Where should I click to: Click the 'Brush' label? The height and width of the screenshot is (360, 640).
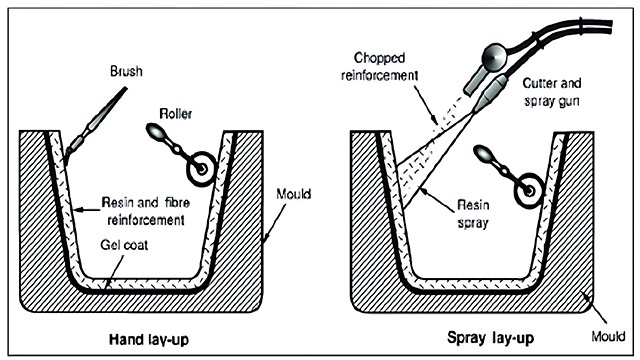pyautogui.click(x=127, y=71)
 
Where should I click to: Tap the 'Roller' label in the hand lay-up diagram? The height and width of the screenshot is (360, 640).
pyautogui.click(x=176, y=113)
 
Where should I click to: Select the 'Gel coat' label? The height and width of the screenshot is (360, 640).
pyautogui.click(x=124, y=245)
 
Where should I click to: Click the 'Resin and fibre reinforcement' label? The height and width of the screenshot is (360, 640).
pyautogui.click(x=146, y=211)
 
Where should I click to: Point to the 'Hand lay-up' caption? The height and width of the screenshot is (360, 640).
pyautogui.click(x=149, y=340)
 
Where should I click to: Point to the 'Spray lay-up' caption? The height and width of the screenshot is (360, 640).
pyautogui.click(x=491, y=338)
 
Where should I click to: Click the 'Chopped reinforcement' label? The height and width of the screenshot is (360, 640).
pyautogui.click(x=380, y=67)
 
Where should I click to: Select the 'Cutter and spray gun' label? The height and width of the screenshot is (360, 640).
pyautogui.click(x=552, y=92)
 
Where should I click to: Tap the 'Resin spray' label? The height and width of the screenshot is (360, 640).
pyautogui.click(x=473, y=213)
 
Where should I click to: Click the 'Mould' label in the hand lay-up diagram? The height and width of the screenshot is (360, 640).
pyautogui.click(x=293, y=193)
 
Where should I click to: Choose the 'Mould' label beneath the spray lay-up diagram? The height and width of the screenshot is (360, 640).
pyautogui.click(x=608, y=336)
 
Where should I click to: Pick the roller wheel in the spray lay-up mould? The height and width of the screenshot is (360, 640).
pyautogui.click(x=529, y=190)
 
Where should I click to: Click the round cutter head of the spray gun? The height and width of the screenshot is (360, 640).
pyautogui.click(x=494, y=56)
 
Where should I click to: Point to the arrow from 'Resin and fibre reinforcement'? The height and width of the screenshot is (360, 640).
pyautogui.click(x=88, y=210)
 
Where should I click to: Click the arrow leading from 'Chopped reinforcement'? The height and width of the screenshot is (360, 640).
pyautogui.click(x=426, y=104)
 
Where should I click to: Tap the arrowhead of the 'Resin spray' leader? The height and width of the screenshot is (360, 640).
pyautogui.click(x=424, y=190)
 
